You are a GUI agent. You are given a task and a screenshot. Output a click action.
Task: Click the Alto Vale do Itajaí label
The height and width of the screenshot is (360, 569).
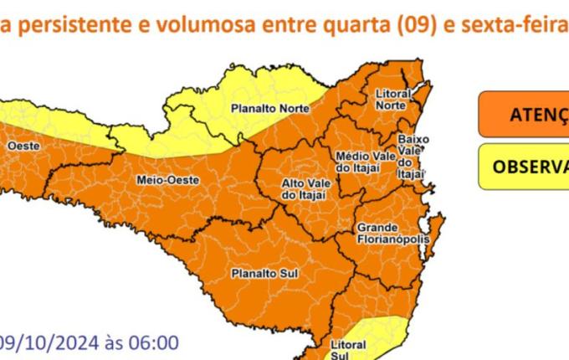click(302, 189)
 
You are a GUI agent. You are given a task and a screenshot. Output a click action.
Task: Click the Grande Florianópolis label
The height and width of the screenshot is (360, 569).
click(392, 234)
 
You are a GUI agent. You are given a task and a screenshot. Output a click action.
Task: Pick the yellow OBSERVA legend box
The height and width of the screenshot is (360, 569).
click(523, 165)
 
